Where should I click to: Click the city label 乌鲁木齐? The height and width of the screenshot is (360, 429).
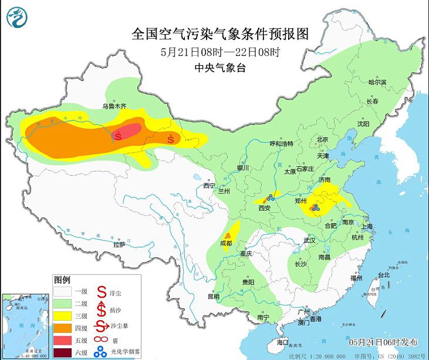(115, 106)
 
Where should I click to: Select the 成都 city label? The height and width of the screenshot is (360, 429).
(225, 243)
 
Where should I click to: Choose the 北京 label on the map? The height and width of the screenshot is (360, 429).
(322, 139)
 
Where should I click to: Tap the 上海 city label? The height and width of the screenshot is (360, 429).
(369, 226)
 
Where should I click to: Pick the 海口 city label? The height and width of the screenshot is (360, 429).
(283, 341)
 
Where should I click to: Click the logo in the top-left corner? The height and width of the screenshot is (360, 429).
(18, 18)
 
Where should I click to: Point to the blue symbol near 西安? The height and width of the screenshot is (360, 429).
(271, 198)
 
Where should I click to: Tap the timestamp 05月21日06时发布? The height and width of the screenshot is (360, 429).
(383, 342)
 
